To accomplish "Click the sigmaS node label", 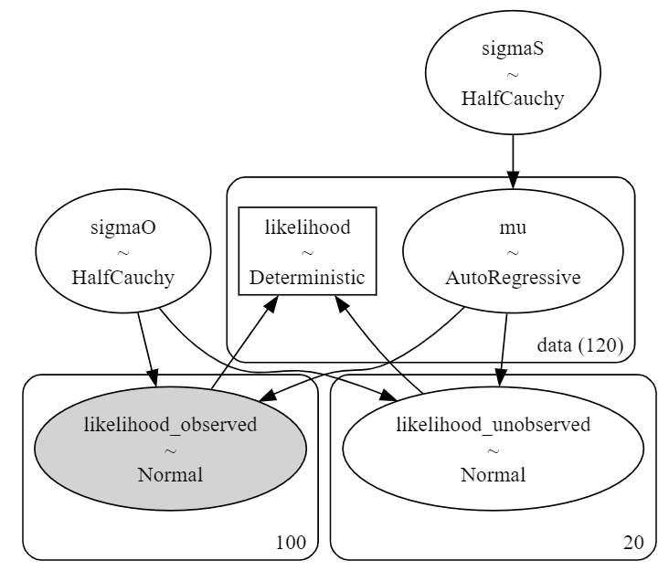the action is (513, 48).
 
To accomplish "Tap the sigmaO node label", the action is (122, 227).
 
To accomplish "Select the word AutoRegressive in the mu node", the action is (513, 278).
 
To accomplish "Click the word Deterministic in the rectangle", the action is (307, 278).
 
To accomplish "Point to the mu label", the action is (513, 227).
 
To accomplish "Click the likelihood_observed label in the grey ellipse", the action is (170, 425).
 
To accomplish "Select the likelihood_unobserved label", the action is (494, 425).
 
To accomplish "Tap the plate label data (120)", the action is (580, 345).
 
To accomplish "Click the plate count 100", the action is (291, 543).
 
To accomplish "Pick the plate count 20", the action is (633, 543).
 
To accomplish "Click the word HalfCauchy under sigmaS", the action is (513, 99).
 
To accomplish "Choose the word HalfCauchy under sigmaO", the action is (122, 278).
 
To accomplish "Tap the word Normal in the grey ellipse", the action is (170, 475).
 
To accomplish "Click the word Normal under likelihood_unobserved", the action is (494, 475).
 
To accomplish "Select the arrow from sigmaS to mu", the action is (513, 162).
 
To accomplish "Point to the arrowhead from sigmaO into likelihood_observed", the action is (154, 378).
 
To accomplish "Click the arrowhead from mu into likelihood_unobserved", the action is (501, 378).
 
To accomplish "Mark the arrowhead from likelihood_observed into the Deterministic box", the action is (271, 302).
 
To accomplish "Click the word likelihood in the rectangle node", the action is (307, 227).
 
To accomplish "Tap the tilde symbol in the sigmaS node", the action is (513, 75).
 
